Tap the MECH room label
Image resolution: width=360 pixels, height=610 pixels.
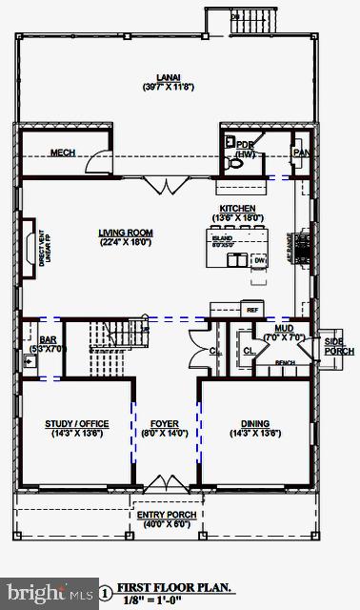(63, 153)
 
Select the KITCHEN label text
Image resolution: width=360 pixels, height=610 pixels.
(238, 208)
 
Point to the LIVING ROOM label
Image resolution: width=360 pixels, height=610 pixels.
(125, 232)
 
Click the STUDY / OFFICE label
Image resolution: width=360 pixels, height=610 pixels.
(77, 424)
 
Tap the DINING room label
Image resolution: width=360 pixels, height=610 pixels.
(254, 424)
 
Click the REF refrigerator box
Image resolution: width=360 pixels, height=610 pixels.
(251, 310)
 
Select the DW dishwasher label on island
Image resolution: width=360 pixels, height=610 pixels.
(259, 259)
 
